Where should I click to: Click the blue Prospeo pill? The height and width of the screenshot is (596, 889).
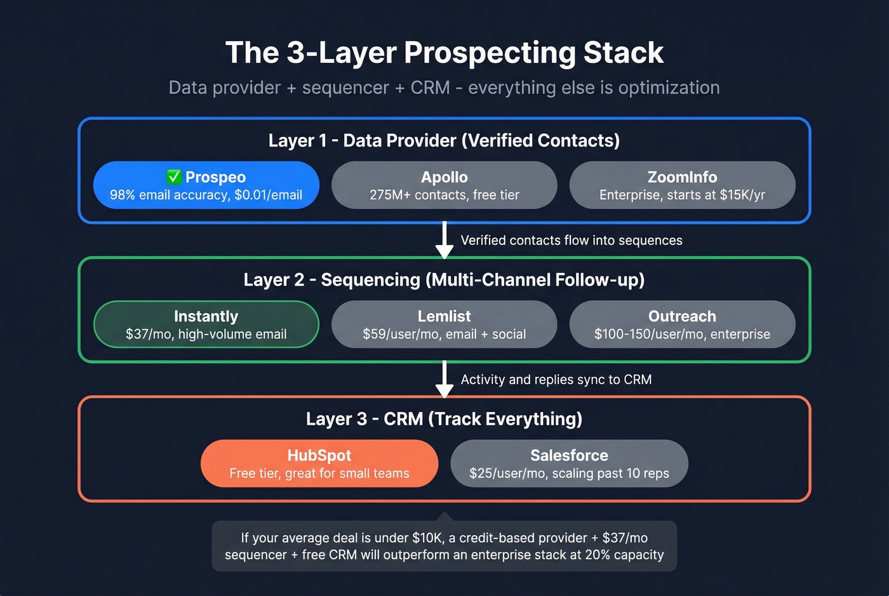[206, 185]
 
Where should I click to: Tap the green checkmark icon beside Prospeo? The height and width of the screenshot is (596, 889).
[174, 176]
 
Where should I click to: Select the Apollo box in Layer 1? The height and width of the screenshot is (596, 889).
[444, 185]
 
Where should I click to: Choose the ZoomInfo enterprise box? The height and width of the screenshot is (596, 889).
[682, 185]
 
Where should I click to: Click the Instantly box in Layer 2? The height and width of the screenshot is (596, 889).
[206, 324]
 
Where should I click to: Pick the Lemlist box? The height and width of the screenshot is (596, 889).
[444, 324]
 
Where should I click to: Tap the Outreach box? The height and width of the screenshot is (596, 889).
[682, 324]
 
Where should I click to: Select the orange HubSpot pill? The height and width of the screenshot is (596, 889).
[319, 463]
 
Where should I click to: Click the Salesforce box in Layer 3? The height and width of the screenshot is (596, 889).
[569, 463]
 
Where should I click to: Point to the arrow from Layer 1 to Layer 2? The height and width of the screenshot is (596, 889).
[444, 240]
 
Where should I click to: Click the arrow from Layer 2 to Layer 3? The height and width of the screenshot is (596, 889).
[444, 379]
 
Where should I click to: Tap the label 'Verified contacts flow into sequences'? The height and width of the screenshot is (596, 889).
[571, 241]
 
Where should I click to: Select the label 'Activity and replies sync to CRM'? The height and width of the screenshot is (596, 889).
[556, 380]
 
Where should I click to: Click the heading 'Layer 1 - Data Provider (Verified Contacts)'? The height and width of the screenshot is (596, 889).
[444, 140]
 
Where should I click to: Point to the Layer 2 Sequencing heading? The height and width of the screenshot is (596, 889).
[444, 280]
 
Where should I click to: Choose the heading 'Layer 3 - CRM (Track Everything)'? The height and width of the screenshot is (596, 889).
[444, 419]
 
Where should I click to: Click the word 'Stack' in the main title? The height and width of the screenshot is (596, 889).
[623, 53]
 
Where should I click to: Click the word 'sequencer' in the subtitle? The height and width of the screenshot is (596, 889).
[345, 88]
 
